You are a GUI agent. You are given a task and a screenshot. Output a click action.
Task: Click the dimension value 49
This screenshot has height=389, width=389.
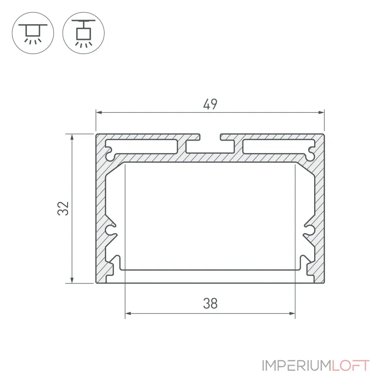click(210, 104)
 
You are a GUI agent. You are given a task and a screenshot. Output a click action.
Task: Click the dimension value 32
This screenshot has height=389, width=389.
click(63, 209)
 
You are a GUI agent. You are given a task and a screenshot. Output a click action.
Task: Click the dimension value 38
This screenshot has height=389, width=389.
click(211, 303)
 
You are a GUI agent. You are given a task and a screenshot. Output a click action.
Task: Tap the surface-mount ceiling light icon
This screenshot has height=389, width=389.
click(33, 33)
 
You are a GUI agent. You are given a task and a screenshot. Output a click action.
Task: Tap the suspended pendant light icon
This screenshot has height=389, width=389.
click(84, 33)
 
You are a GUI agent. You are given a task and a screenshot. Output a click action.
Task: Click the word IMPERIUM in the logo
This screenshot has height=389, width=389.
click(296, 366)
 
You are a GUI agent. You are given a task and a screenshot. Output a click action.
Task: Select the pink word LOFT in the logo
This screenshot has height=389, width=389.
click(350, 366)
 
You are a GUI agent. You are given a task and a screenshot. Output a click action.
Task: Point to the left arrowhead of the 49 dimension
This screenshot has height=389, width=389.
click(99, 113)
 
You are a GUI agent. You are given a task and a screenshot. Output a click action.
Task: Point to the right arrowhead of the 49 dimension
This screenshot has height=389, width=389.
click(321, 113)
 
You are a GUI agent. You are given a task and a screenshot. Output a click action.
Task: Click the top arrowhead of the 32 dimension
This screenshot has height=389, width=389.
click(72, 137)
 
